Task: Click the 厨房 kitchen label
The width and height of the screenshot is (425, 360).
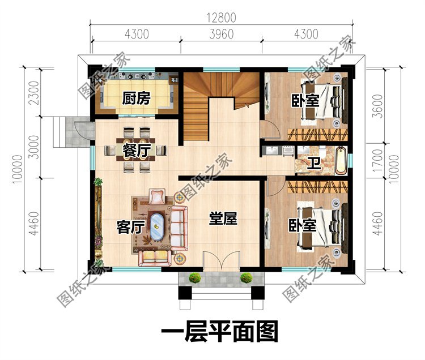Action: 136,99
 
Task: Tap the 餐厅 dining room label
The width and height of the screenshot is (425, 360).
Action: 135,150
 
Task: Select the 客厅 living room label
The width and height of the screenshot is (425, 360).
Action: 130,226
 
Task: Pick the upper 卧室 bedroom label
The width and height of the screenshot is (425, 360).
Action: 305,100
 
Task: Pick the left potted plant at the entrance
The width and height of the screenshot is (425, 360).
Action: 195,278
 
